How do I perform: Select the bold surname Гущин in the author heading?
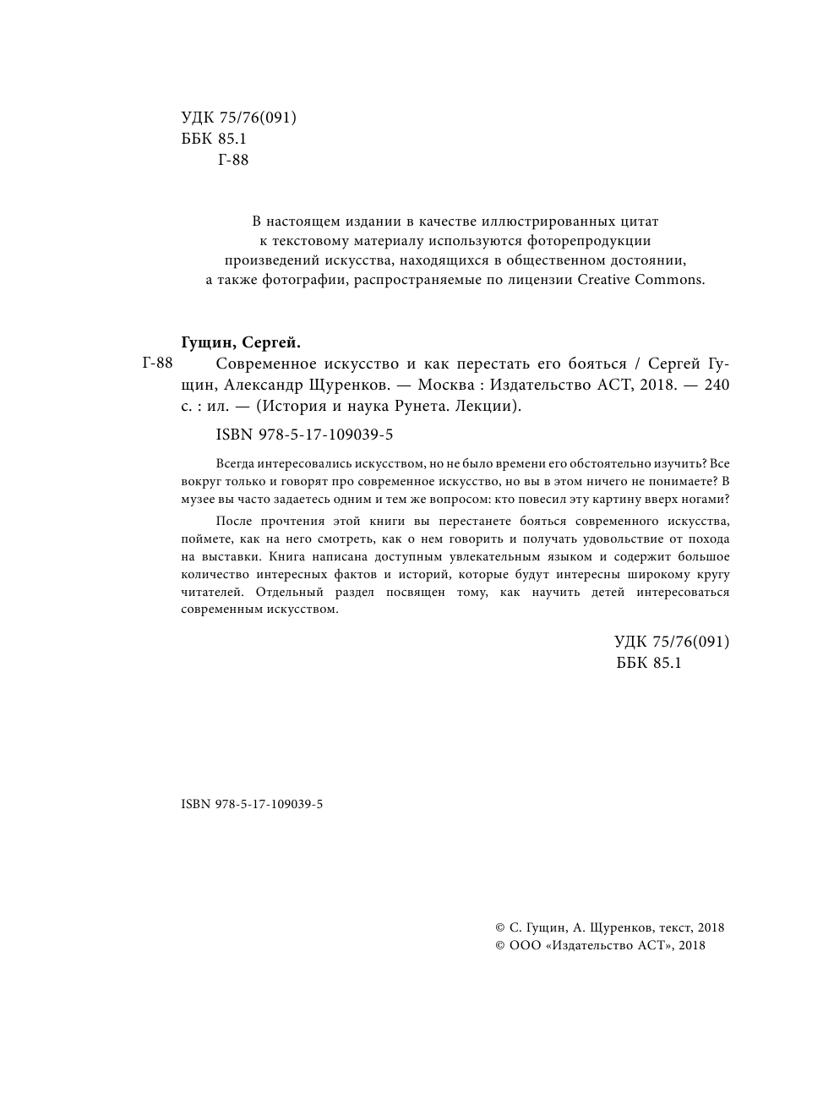pyautogui.click(x=208, y=342)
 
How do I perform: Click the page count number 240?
pyautogui.click(x=715, y=385)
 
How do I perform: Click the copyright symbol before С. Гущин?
pyautogui.click(x=500, y=927)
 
